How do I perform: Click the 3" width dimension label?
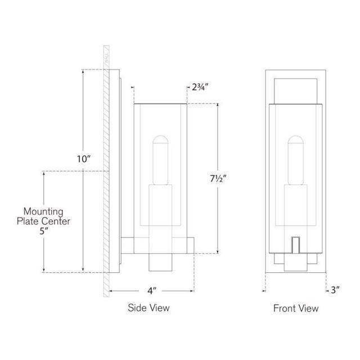pyautogui.click(x=336, y=290)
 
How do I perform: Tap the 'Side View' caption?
pyautogui.click(x=148, y=308)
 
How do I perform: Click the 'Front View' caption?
pyautogui.click(x=296, y=308)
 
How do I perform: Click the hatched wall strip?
pyautogui.click(x=105, y=169)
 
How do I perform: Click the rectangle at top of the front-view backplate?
pyautogui.click(x=295, y=89)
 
